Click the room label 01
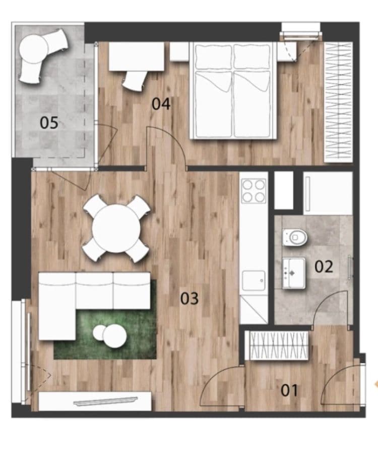coord(289,390)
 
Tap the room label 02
coord(324,266)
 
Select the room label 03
coord(190,299)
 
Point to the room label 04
coord(161,105)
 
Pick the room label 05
coord(49,123)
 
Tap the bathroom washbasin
coord(293,273)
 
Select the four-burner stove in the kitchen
coord(254,191)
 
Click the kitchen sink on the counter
coord(254,281)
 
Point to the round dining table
coord(116,228)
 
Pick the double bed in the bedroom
coord(233,91)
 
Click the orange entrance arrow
coord(375,385)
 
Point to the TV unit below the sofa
coord(95,401)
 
